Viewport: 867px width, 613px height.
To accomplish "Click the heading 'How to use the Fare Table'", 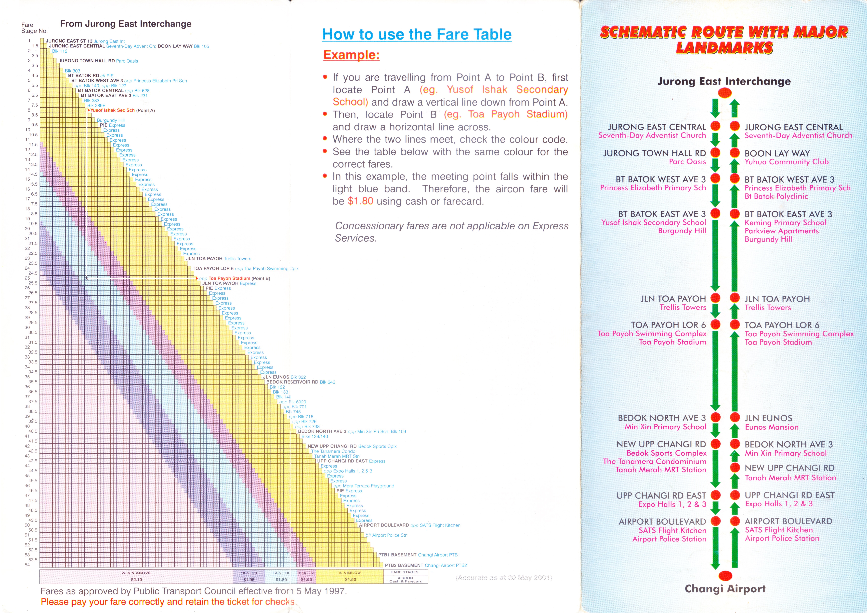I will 417,34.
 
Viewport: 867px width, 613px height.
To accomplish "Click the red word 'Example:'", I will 351,55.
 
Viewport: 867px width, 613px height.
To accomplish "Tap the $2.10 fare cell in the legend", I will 136,579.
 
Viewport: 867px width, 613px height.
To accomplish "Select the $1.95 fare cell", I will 249,579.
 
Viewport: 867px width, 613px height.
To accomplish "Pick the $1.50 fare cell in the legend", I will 350,579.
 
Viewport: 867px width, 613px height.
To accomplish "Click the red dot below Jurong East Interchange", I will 725,93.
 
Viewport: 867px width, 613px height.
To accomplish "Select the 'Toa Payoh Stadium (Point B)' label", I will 239,278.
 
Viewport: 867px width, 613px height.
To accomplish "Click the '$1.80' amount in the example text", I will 360,201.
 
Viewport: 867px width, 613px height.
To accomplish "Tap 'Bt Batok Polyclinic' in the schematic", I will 776,196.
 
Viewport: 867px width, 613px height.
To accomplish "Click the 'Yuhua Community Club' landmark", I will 786,162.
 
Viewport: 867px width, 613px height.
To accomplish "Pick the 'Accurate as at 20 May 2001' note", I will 504,577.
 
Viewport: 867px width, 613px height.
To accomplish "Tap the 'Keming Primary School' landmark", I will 785,223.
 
